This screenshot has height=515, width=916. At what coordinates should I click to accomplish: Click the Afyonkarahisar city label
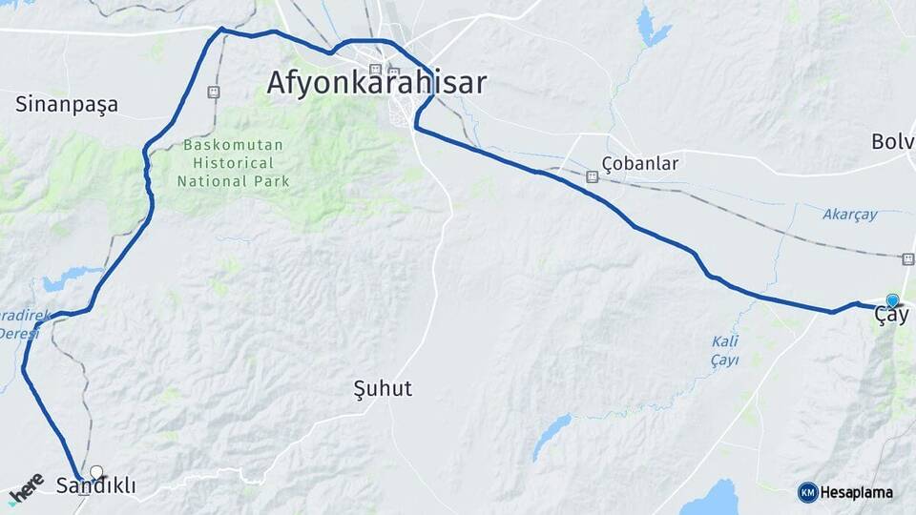tap(376, 83)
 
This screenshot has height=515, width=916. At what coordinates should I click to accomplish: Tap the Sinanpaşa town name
tap(67, 105)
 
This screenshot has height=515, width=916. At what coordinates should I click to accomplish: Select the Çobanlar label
tap(640, 163)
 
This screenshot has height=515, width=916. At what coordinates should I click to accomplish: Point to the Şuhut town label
tap(383, 388)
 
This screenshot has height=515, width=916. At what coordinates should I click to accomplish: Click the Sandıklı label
tap(95, 486)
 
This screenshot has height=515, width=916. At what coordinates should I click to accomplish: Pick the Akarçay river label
tap(849, 215)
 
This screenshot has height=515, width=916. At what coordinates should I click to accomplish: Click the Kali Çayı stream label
tap(725, 351)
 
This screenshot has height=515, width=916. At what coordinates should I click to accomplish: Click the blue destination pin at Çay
tap(892, 300)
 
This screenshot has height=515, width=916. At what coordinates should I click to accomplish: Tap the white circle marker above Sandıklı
tap(96, 471)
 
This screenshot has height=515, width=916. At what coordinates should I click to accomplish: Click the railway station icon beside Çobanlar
tap(592, 176)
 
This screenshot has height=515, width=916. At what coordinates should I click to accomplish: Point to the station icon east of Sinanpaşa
tap(214, 93)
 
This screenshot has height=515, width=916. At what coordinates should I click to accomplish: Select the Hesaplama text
tap(857, 492)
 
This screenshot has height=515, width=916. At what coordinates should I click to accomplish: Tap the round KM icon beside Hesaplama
tap(807, 492)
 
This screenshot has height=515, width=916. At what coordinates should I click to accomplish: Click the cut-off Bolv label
tap(893, 141)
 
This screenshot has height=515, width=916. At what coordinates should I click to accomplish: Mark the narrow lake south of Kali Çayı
tap(552, 437)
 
